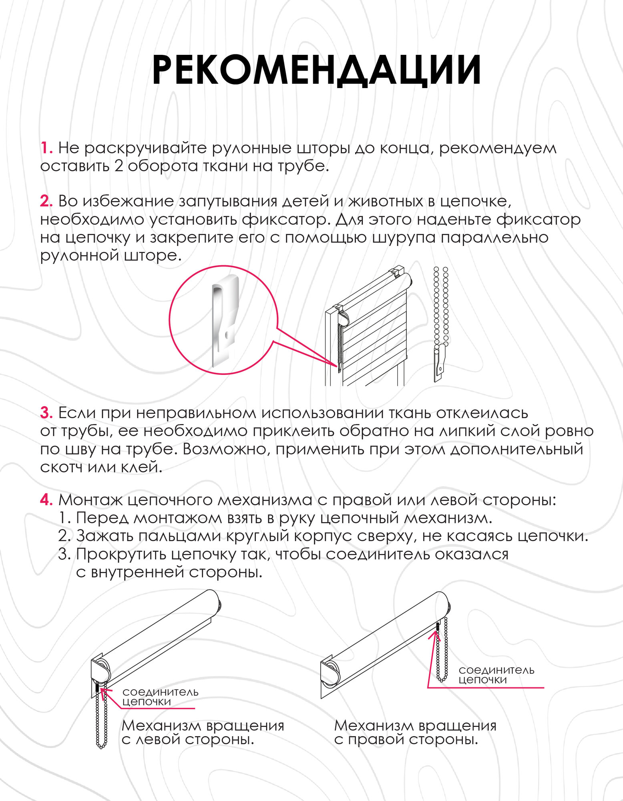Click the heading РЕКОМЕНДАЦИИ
pyautogui.click(x=316, y=70)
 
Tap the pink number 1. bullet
pyautogui.click(x=46, y=148)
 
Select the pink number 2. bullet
pyautogui.click(x=46, y=201)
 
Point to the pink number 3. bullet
pyautogui.click(x=46, y=413)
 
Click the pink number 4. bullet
pyautogui.click(x=46, y=500)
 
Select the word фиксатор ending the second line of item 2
pyautogui.click(x=538, y=220)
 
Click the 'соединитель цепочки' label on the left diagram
pyautogui.click(x=160, y=696)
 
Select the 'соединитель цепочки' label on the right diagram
pyautogui.click(x=496, y=674)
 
